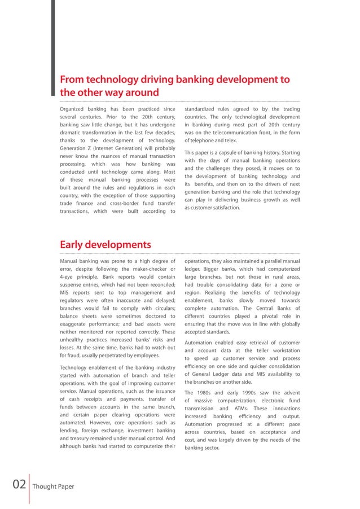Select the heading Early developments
[x=105, y=244]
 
